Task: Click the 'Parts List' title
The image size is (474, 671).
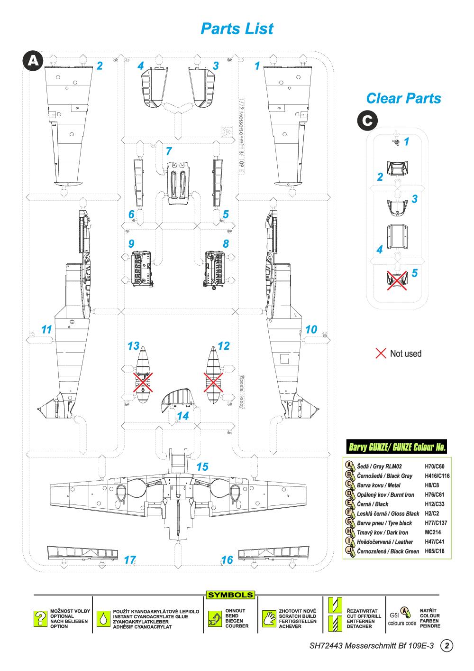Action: click(x=237, y=28)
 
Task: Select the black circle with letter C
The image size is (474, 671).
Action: click(x=367, y=121)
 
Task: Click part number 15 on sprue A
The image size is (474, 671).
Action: click(x=202, y=466)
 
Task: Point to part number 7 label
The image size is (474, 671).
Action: click(x=168, y=151)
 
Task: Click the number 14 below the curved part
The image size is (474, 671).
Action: click(x=182, y=416)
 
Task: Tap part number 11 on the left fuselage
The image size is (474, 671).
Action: click(x=46, y=329)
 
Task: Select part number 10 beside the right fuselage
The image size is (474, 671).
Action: click(x=311, y=329)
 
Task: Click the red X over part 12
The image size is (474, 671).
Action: click(x=213, y=382)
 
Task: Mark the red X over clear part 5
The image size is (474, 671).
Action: click(x=397, y=280)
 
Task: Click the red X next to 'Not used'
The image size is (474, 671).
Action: click(x=381, y=354)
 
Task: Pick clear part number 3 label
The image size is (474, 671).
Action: click(x=414, y=199)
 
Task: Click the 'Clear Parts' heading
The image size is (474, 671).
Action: click(x=403, y=98)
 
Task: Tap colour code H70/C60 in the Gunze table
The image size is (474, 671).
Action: click(x=435, y=466)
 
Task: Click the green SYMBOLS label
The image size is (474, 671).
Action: click(x=231, y=595)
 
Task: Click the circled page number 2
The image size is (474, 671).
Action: click(x=447, y=645)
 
